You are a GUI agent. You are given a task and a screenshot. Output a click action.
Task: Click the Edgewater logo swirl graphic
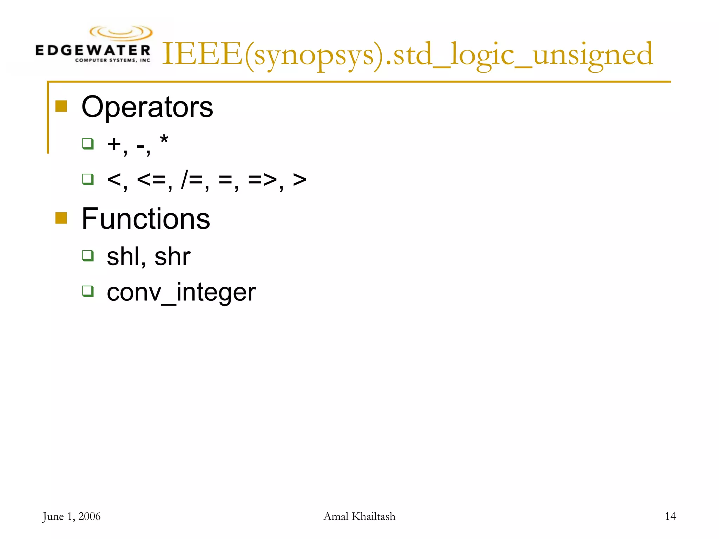121,33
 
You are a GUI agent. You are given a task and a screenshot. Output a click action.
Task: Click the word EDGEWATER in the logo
93,50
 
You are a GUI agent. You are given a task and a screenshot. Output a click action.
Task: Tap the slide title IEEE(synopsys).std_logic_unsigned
407,54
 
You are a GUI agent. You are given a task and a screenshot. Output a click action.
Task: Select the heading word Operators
147,107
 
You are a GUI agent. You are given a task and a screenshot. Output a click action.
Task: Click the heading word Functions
146,219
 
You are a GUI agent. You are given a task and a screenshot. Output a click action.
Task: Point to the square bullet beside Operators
61,106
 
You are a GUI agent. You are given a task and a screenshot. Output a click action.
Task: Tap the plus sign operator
114,144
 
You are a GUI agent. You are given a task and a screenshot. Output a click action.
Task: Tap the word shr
172,257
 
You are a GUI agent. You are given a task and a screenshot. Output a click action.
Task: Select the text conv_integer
181,292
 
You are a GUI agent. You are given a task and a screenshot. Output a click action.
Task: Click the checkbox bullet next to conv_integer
88,291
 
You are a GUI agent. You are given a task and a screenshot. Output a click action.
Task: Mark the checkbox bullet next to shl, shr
88,255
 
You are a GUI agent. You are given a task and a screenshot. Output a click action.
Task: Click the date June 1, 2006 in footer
72,516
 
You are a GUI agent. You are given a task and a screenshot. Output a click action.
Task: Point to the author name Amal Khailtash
359,516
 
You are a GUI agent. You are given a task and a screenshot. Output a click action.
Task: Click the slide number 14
670,516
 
